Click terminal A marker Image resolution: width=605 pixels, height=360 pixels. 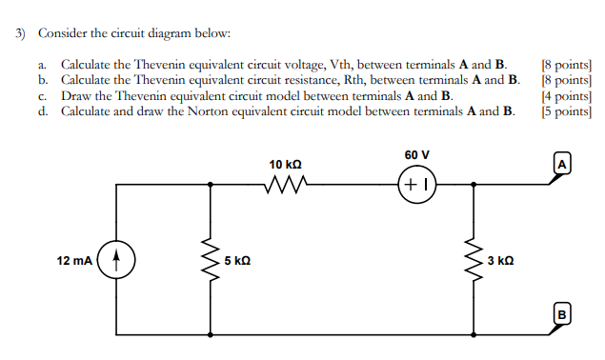pos(563,164)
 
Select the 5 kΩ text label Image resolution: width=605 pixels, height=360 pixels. pos(238,261)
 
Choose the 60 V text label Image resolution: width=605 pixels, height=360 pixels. pos(416,155)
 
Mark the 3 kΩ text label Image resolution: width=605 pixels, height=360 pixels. pos(500,261)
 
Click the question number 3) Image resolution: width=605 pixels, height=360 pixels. pos(20,33)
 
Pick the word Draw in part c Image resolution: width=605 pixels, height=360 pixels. pos(76,95)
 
